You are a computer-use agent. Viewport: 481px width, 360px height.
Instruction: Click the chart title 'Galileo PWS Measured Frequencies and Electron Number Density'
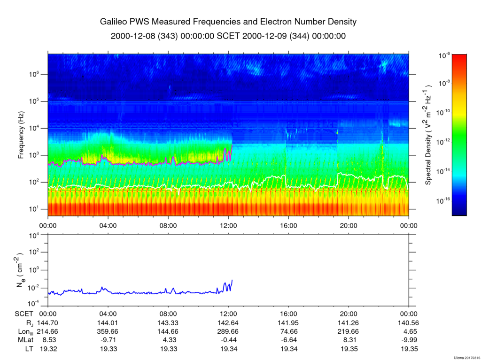point(228,22)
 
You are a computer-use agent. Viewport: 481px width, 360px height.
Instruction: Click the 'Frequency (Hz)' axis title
point(21,135)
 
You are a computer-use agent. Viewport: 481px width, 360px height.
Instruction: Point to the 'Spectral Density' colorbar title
point(428,134)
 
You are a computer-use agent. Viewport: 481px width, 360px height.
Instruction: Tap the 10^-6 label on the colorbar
point(444,56)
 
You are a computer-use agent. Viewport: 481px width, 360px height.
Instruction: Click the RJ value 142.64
point(228,323)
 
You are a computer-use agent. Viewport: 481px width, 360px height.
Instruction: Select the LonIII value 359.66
point(108,331)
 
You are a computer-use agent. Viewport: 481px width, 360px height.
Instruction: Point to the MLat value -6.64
point(288,340)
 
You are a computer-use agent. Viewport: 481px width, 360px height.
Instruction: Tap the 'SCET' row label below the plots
point(23,314)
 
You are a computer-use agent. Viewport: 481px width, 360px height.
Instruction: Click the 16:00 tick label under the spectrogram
point(288,226)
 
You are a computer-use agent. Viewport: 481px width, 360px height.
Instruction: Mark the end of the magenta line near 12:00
point(232,145)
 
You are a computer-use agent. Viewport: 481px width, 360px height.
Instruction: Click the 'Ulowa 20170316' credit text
point(466,358)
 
